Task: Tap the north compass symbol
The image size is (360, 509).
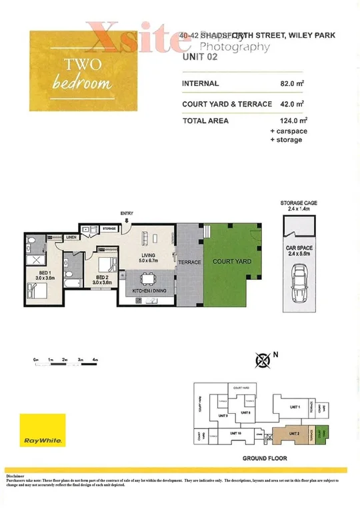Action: pos(263,361)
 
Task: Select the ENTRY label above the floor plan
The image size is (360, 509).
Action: pos(126,214)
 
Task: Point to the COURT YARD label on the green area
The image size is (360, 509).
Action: pos(232,262)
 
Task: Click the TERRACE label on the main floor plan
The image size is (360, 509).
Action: pos(190,262)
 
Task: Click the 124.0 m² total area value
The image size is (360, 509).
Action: pos(293,121)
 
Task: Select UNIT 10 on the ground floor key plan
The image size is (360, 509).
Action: pos(235,434)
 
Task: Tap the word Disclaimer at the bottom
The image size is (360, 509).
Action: pos(15,477)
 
